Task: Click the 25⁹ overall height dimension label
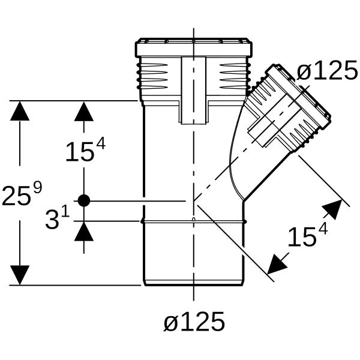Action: [x=22, y=193]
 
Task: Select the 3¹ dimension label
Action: [x=58, y=218]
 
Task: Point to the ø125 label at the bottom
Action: [x=194, y=322]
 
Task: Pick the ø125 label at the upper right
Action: [x=327, y=70]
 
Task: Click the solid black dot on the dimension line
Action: [x=84, y=200]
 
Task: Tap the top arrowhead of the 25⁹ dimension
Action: [x=20, y=111]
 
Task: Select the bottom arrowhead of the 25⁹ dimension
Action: [x=20, y=275]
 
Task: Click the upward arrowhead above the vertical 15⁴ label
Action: [x=84, y=112]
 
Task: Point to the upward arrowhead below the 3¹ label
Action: [x=84, y=231]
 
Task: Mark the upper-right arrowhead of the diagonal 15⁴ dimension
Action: [x=334, y=209]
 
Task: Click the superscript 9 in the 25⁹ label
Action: [x=38, y=187]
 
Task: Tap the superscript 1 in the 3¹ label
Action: [x=65, y=212]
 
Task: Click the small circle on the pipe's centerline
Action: [x=194, y=219]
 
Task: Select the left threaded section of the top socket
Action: [x=152, y=76]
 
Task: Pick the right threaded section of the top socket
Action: [x=235, y=76]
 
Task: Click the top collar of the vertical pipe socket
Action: [x=194, y=47]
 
